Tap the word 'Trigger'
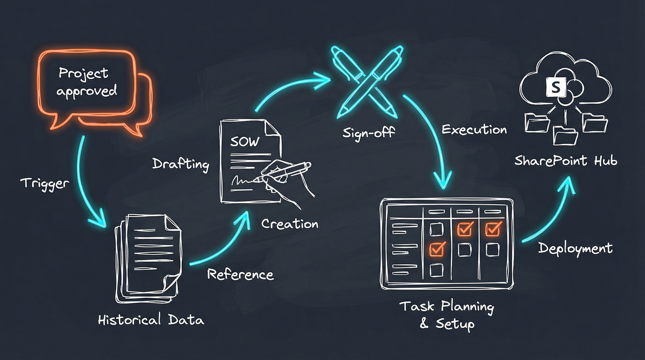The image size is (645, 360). tap(45, 183)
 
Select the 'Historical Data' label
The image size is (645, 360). tap(150, 320)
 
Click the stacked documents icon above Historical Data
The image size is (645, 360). tap(148, 255)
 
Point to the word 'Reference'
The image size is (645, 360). tap(240, 275)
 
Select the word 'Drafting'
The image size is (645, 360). tap(181, 164)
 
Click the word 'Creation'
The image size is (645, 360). tap(290, 223)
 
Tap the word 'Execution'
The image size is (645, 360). tap(474, 129)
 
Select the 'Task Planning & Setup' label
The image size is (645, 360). tap(446, 315)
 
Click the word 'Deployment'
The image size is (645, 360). tap(575, 248)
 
